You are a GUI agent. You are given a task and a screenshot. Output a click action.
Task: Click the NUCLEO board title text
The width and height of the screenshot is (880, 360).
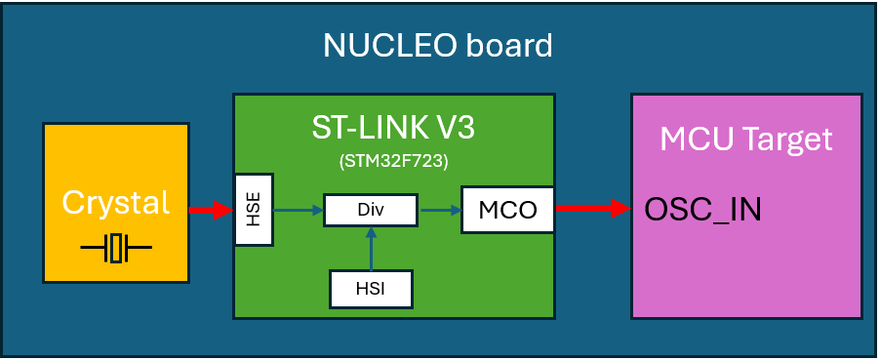click(438, 45)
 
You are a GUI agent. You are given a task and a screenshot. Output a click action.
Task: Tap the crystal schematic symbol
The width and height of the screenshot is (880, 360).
click(116, 249)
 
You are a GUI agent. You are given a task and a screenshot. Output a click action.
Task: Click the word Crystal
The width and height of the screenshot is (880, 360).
click(115, 203)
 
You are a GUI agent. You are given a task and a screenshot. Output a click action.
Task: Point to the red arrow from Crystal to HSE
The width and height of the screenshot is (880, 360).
click(211, 210)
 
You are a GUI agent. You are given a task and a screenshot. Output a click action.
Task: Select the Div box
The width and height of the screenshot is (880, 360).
click(370, 209)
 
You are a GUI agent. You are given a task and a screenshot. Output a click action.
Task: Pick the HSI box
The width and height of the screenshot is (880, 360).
click(370, 288)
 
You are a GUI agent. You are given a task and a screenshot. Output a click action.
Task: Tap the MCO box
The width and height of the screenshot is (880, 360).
click(507, 209)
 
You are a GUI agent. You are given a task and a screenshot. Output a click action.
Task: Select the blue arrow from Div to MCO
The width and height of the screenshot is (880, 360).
click(439, 209)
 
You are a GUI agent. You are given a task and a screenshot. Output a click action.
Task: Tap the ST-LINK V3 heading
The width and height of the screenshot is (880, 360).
click(393, 127)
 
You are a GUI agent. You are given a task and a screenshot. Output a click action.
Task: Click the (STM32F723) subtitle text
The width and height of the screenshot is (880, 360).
click(393, 159)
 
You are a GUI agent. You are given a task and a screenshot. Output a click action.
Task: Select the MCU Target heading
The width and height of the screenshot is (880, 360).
click(746, 139)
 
